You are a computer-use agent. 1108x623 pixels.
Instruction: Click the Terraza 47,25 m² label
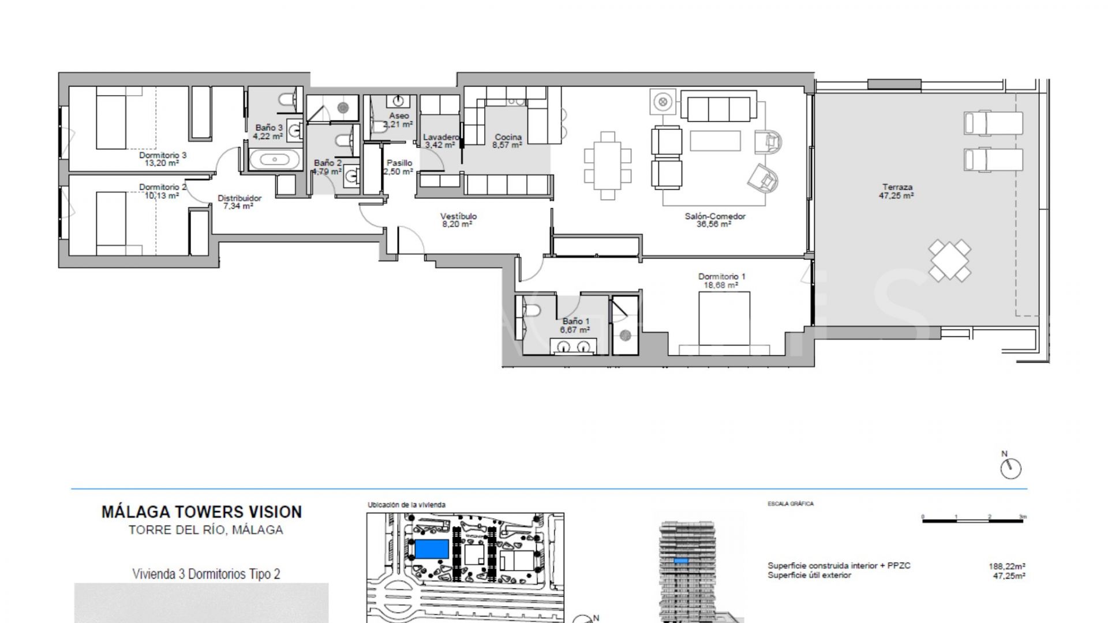coord(897,191)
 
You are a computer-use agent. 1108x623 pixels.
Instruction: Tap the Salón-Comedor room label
coord(714,220)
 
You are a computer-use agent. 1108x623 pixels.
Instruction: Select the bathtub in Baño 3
coord(274,160)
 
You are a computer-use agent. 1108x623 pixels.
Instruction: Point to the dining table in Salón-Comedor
coord(607,165)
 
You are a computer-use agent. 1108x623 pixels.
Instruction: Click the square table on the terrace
coord(949,261)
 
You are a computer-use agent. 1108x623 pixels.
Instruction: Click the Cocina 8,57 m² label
coord(508,141)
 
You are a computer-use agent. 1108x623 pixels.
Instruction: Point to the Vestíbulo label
coord(459,220)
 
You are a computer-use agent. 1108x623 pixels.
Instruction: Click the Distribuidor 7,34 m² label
coord(239,202)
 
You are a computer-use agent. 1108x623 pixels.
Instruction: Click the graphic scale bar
coord(973,521)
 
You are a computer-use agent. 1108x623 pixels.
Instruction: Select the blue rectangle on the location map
coord(432,549)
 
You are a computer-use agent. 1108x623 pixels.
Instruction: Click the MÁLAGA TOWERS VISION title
coord(201,512)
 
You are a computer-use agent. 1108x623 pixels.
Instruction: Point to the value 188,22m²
coord(1006,566)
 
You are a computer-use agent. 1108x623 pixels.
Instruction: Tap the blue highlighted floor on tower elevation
coord(681,561)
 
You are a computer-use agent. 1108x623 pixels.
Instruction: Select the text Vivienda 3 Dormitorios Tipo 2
coord(206,574)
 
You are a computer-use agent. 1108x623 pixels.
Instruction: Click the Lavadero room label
coord(440,141)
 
